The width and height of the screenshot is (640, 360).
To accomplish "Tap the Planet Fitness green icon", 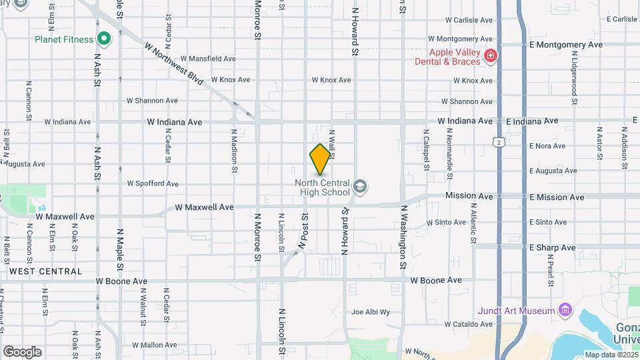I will pos(103,39).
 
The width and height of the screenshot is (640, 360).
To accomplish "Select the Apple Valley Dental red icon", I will pos(491,55).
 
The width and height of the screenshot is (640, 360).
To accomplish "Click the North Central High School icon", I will pos(360,186).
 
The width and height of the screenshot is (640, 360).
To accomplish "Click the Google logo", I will pos(22,351).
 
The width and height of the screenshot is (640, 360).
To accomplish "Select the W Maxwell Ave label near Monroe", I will pos(205,207).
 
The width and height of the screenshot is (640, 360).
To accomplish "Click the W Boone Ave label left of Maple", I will pos(121,281).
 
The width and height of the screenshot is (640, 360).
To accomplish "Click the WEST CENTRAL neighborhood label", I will pos(45,271).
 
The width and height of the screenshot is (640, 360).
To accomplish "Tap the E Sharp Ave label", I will pos(552,247).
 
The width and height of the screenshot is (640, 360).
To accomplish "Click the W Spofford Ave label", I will pos(153,183).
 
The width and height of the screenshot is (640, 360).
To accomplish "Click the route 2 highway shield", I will pos(498,141).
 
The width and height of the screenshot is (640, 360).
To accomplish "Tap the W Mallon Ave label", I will pos(154,345).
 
